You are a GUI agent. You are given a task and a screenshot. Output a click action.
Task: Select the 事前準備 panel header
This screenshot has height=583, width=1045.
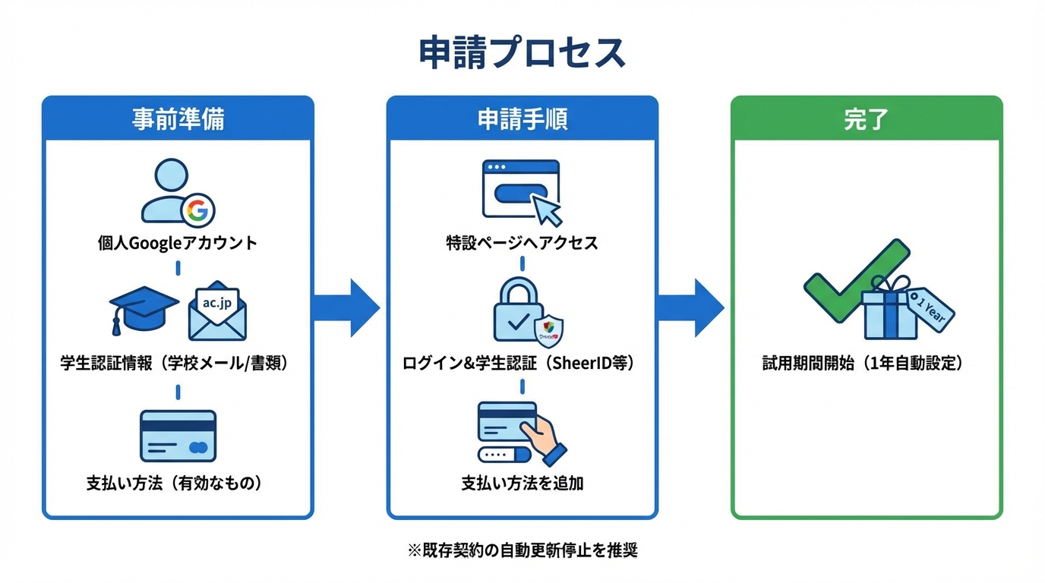pyautogui.click(x=178, y=119)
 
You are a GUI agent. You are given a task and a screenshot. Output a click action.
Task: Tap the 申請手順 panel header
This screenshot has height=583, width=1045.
pyautogui.click(x=522, y=119)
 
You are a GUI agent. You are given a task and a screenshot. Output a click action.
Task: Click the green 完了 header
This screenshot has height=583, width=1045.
pyautogui.click(x=867, y=119)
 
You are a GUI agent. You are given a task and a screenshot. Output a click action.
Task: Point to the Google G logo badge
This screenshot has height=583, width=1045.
pyautogui.click(x=197, y=210)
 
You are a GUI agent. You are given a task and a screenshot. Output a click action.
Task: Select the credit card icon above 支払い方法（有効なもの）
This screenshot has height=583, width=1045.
pyautogui.click(x=178, y=436)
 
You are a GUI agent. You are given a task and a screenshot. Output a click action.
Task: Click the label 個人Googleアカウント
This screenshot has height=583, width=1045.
pyautogui.click(x=178, y=244)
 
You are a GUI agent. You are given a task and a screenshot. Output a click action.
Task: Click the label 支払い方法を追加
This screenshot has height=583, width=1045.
pyautogui.click(x=522, y=483)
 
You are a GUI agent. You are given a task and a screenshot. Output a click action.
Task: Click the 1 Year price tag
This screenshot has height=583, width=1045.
pyautogui.click(x=930, y=312)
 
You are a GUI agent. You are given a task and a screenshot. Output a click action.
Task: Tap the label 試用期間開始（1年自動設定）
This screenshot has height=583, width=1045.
pyautogui.click(x=867, y=364)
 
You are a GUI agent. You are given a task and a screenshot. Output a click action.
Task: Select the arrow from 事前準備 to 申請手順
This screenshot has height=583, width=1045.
pyautogui.click(x=346, y=307)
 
